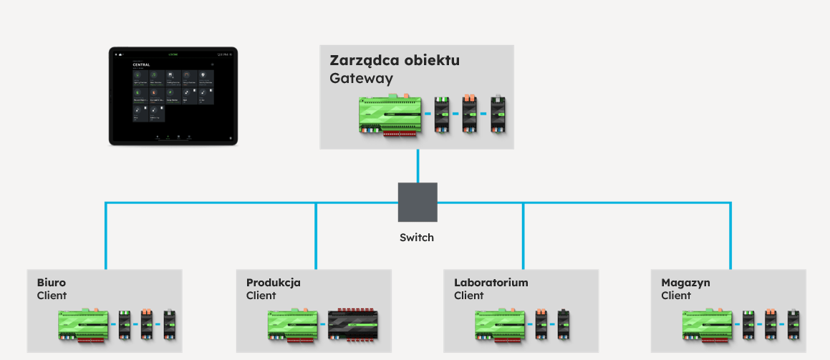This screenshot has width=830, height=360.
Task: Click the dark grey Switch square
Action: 418,202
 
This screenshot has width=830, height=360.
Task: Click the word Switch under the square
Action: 417,237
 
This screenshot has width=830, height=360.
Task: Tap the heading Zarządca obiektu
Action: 395,60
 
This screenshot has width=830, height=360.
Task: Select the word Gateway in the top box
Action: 361,78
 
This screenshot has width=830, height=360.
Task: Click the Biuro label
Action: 52,283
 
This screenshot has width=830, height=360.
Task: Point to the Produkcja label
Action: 274,283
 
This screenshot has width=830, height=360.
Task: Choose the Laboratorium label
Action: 491,283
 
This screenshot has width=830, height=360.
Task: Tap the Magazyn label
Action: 685,283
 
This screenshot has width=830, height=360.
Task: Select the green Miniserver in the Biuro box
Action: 83,325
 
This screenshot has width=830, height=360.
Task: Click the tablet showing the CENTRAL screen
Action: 173,96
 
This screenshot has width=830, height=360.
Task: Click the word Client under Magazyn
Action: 676,296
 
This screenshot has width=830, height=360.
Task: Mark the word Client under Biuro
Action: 52,296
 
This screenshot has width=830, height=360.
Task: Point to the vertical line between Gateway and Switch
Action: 418,166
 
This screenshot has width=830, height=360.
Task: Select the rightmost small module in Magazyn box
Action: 793,325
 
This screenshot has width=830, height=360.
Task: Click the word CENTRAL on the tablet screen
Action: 143,64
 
